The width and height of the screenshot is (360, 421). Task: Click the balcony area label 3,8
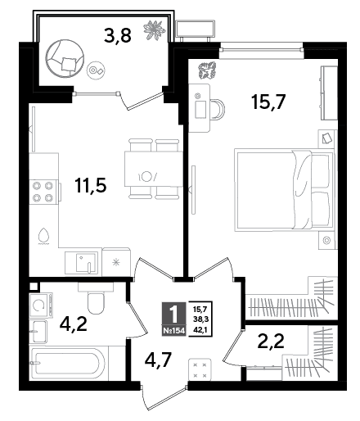point(118,36)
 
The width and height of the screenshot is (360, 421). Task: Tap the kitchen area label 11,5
point(90,185)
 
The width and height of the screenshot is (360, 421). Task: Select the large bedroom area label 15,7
point(268,102)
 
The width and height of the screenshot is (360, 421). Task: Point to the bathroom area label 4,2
point(74,324)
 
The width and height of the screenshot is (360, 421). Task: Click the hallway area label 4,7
point(158,360)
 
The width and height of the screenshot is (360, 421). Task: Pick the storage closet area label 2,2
point(271,341)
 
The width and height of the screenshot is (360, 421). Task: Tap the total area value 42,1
point(200,329)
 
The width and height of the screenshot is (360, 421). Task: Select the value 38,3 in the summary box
point(200,319)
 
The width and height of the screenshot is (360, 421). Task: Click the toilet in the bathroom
point(96,299)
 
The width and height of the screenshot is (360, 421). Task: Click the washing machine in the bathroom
point(41,306)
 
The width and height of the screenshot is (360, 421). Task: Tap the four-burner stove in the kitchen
point(43,191)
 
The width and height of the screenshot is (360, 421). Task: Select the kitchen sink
point(81,263)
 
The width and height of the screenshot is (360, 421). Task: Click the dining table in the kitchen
point(154,169)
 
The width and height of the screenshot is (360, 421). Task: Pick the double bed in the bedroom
point(285,190)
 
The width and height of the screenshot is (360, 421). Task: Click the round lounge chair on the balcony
point(65,59)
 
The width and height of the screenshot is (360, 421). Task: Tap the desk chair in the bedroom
point(218,109)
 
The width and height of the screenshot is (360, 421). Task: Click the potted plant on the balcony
point(155,29)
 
